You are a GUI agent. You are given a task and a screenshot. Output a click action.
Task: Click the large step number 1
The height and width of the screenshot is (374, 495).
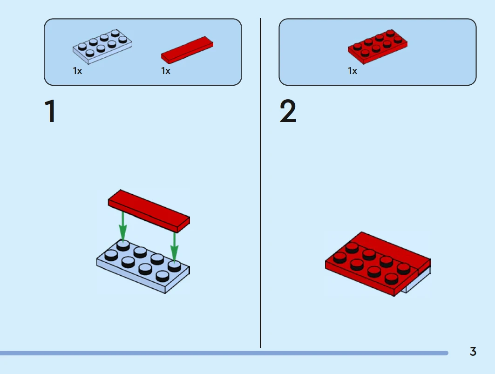(x=50, y=113)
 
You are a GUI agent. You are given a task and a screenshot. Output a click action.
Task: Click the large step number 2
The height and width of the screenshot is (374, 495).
(x=288, y=113)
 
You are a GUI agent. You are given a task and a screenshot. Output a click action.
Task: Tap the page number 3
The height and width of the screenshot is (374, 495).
(x=473, y=352)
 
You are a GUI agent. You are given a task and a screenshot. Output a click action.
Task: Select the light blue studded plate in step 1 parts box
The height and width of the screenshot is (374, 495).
(x=102, y=47)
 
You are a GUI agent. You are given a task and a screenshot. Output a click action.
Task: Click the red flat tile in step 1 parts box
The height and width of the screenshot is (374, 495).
(x=187, y=50)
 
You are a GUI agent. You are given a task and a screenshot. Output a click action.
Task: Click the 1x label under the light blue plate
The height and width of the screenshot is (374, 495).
(x=77, y=71)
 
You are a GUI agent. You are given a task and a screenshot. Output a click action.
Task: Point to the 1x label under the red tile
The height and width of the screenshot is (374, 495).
(x=166, y=71)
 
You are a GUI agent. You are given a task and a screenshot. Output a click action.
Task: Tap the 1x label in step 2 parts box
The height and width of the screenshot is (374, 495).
(x=353, y=71)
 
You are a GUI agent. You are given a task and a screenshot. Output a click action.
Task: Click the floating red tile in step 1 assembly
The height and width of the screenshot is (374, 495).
(x=149, y=210)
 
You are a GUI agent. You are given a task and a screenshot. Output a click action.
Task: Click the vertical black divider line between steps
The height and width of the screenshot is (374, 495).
(x=260, y=186)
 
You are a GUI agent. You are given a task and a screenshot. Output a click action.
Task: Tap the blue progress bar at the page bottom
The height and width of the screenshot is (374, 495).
(x=224, y=353)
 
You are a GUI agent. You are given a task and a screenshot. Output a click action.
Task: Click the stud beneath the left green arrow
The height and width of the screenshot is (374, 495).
(x=123, y=245)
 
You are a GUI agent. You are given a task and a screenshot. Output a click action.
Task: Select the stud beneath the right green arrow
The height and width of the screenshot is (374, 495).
(x=174, y=265)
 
